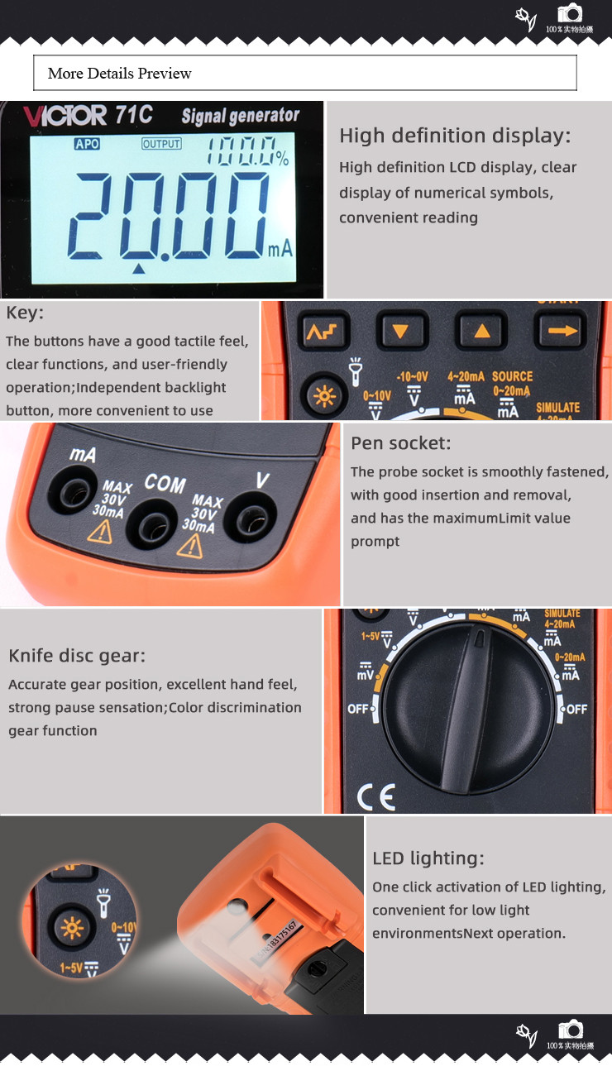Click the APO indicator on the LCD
click(87, 144)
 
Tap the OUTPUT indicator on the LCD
click(161, 144)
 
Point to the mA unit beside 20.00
click(280, 248)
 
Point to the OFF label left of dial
click(358, 709)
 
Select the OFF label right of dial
click(576, 709)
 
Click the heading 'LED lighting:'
click(428, 858)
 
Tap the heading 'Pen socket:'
click(401, 443)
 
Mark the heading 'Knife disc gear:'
click(77, 656)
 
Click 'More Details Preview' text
click(120, 74)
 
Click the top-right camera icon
click(570, 14)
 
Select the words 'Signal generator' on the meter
click(240, 116)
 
